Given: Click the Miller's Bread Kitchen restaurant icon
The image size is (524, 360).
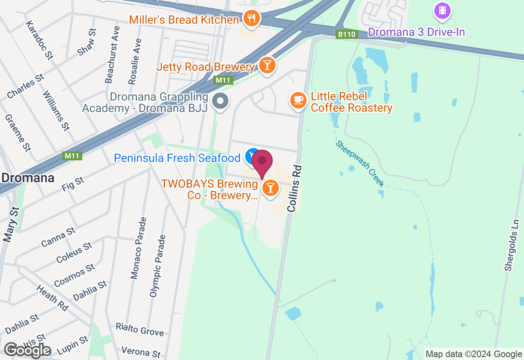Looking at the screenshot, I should click(251, 18).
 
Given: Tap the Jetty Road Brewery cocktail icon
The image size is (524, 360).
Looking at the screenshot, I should click(267, 65).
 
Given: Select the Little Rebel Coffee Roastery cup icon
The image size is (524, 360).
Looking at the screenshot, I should click(298, 100).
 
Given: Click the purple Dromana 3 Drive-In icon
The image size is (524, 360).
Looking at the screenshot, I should click(442, 11).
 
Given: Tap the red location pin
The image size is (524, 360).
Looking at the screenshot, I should click(262, 162).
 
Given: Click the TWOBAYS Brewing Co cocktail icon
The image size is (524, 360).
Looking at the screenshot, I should click(270, 188).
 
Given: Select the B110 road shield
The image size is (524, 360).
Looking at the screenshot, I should click(347, 34).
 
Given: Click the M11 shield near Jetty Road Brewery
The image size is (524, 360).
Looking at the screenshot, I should click(223, 80).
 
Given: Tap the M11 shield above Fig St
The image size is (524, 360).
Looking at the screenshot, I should click(73, 156).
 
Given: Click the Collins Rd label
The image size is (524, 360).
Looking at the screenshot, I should click(294, 189).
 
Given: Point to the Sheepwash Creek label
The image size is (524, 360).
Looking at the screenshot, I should click(360, 164).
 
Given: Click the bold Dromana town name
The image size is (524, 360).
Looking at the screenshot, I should click(28, 178).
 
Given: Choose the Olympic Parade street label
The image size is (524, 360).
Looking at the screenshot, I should click(158, 266).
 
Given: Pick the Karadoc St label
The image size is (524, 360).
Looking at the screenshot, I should click(39, 40).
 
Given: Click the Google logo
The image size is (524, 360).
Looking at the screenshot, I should click(27, 350).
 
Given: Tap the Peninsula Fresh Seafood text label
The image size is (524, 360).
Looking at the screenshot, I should click(177, 158).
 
